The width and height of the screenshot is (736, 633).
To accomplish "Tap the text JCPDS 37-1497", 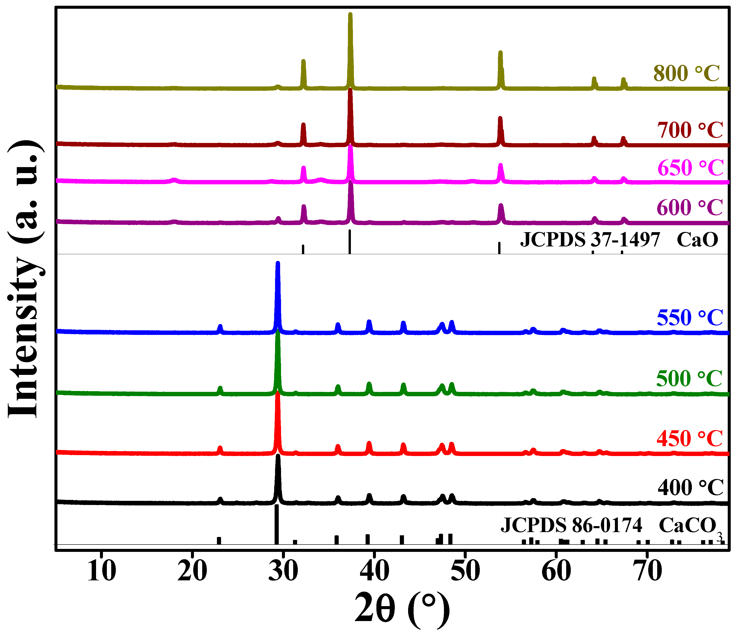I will [590, 240].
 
